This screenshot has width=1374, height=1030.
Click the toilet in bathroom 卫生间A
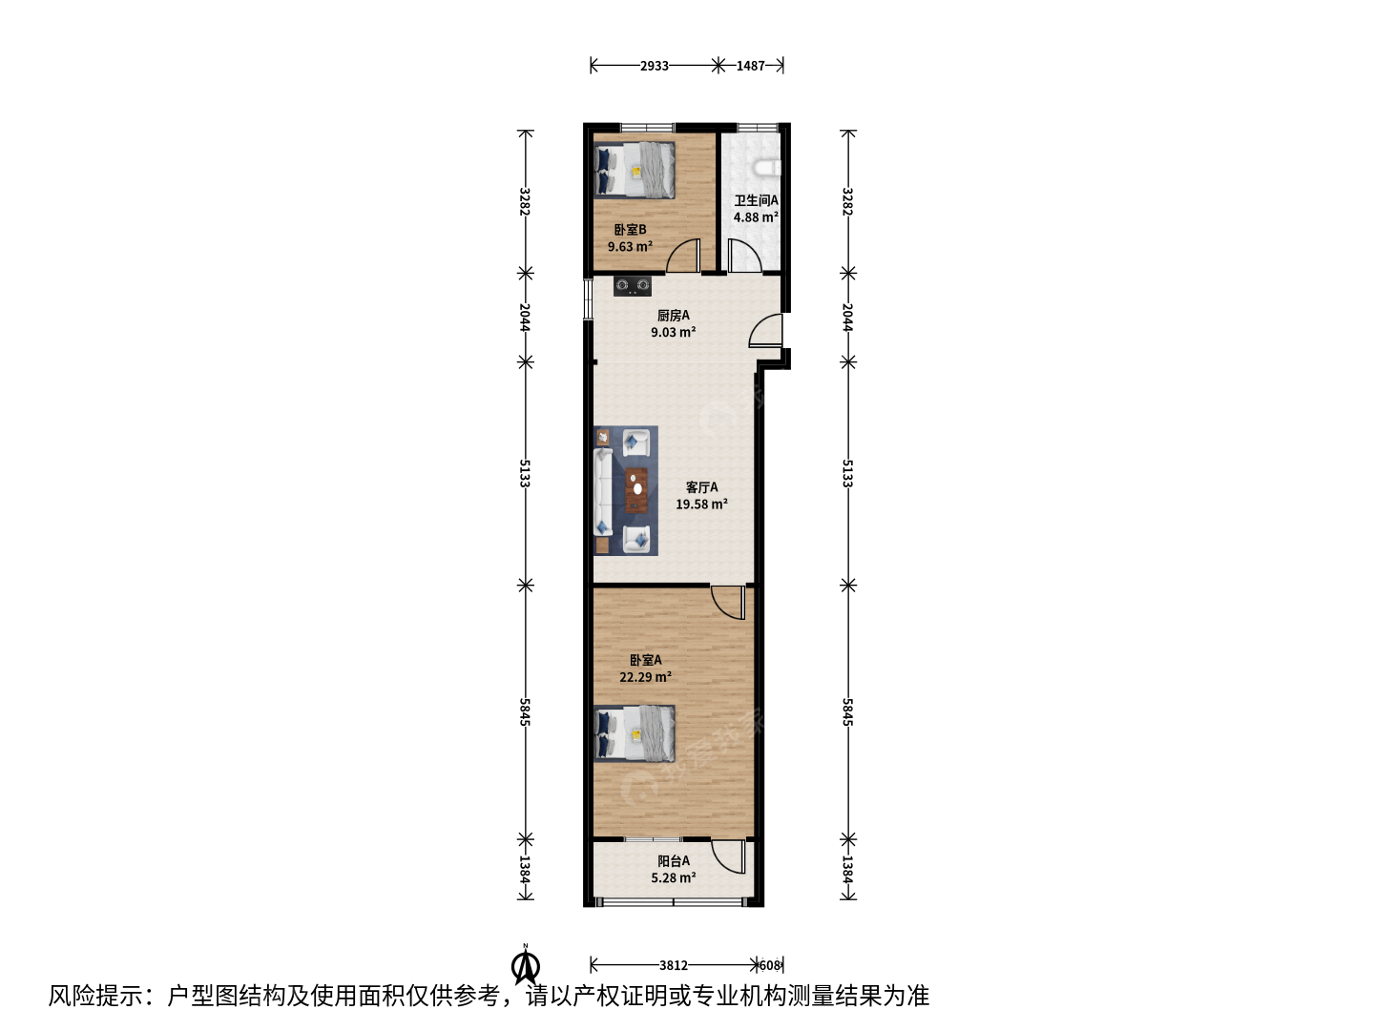(x=768, y=168)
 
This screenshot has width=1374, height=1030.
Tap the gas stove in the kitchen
(x=632, y=286)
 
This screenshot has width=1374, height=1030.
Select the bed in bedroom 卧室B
(x=635, y=170)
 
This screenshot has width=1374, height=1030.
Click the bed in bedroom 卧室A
(x=635, y=733)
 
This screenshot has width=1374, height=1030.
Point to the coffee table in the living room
(x=636, y=489)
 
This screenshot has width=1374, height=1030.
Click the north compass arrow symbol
(x=526, y=967)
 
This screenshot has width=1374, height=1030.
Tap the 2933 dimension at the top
(x=655, y=66)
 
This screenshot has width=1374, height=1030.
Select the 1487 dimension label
(x=751, y=66)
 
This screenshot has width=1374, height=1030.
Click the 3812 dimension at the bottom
(x=674, y=965)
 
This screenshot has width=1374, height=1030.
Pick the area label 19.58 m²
(x=701, y=505)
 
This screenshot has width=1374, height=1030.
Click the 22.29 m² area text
(x=645, y=677)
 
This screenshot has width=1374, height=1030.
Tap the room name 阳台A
(x=674, y=861)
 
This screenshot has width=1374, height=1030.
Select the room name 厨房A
(x=673, y=316)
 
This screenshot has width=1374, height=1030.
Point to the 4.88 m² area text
(x=756, y=217)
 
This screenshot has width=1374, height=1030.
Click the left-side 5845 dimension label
(x=525, y=712)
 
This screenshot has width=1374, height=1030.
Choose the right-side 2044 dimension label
(x=847, y=318)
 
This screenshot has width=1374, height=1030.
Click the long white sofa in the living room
(x=603, y=491)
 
